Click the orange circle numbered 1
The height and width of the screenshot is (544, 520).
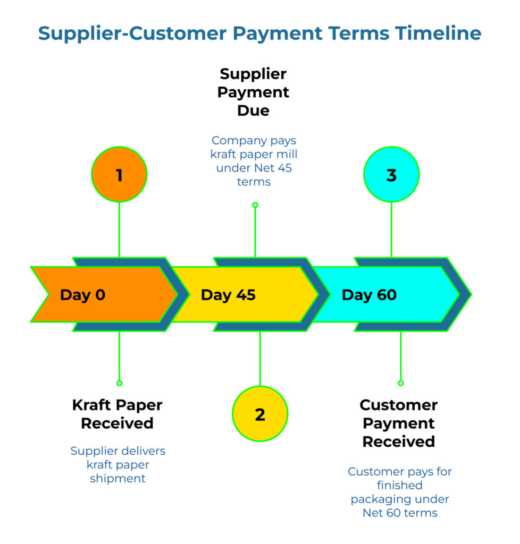tap(119, 175)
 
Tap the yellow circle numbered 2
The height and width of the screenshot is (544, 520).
tap(260, 414)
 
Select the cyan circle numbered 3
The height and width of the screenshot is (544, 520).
tap(391, 175)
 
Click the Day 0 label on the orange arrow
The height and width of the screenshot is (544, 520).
tap(83, 295)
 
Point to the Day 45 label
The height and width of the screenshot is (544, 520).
tap(228, 295)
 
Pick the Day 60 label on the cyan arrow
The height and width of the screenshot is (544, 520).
tap(369, 295)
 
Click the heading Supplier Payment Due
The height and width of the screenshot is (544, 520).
tap(254, 92)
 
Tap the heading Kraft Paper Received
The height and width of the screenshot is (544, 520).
tap(118, 414)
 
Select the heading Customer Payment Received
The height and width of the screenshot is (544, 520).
tap(399, 423)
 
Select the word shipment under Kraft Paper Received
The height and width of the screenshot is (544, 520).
tap(118, 479)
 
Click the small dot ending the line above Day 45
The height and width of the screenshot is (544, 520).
tap(255, 205)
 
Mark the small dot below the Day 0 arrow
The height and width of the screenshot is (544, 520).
tap(119, 382)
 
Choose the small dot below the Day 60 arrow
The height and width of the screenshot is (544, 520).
tap(400, 382)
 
